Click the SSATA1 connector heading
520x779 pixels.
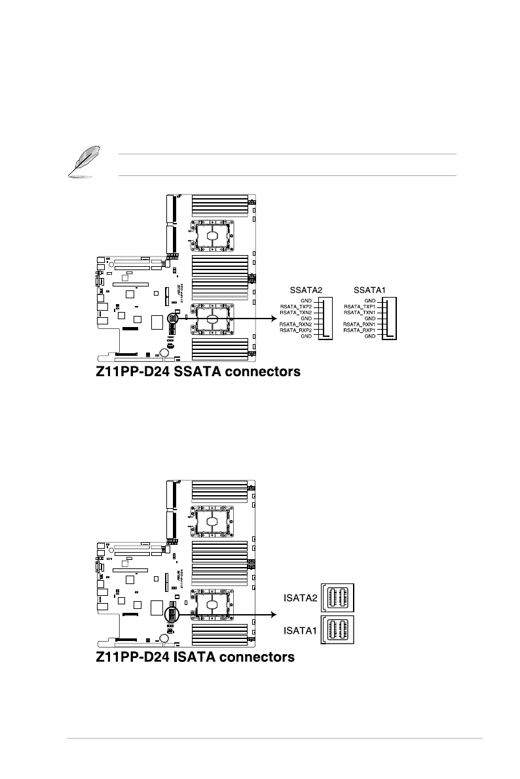click(x=369, y=289)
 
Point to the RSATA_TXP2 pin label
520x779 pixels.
click(x=295, y=306)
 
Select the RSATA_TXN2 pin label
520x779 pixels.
click(x=295, y=312)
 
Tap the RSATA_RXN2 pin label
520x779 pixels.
click(x=295, y=324)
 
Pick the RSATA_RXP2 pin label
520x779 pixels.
click(x=295, y=330)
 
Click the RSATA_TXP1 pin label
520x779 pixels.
click(x=360, y=306)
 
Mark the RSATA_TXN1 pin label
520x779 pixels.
click(x=360, y=312)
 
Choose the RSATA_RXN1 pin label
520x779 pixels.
click(x=360, y=324)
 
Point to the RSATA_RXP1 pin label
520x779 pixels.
click(x=360, y=330)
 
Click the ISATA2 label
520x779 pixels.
click(x=300, y=597)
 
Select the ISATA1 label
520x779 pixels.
click(x=300, y=631)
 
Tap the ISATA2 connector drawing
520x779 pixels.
click(x=338, y=597)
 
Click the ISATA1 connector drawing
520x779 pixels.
click(x=338, y=630)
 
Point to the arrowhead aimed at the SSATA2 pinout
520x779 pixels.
click(x=270, y=319)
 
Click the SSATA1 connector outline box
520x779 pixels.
click(x=391, y=319)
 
